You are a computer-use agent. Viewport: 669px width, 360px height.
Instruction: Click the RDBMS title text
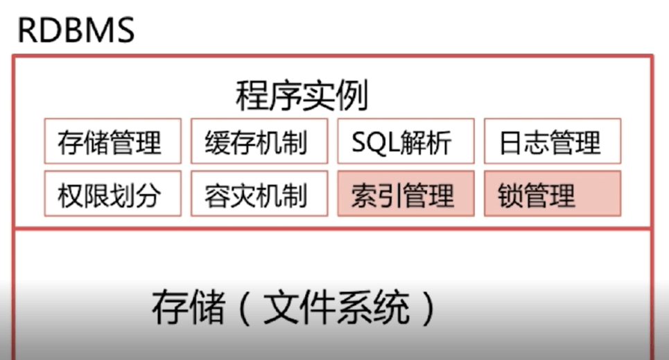[x=76, y=30]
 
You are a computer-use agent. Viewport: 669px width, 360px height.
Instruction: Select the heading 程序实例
[x=302, y=96]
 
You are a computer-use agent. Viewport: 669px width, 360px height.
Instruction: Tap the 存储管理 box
[x=112, y=142]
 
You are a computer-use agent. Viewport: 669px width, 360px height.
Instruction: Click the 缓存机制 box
[x=259, y=142]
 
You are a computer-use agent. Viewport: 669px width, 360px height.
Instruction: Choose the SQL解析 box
[x=406, y=142]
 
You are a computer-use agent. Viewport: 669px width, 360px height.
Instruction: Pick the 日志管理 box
[x=552, y=142]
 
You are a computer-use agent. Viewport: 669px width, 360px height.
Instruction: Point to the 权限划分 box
[x=112, y=194]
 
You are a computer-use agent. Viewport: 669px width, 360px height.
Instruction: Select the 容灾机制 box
[x=259, y=194]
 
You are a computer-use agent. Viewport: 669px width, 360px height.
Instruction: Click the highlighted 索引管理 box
[x=406, y=194]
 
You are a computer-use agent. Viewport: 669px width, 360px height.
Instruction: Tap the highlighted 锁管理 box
[x=552, y=194]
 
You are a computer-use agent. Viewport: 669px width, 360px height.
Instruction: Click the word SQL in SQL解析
[x=377, y=143]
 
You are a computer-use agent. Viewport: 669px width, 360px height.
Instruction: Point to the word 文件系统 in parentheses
[x=337, y=308]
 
